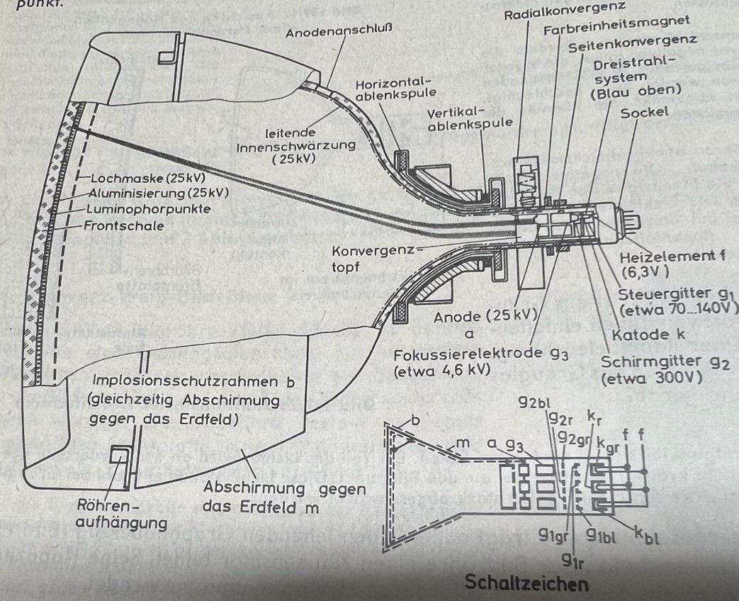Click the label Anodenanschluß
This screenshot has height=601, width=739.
[339, 32]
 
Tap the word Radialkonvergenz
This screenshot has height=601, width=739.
[565, 13]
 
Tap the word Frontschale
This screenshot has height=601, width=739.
[116, 226]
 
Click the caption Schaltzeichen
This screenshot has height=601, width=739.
[526, 583]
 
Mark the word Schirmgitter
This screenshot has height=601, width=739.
[642, 363]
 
